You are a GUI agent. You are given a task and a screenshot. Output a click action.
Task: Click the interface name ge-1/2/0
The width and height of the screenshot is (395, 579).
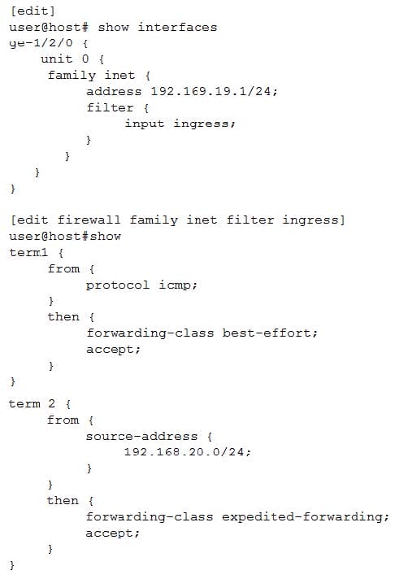(x=41, y=44)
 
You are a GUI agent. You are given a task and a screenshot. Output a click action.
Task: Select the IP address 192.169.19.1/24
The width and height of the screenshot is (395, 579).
(x=214, y=91)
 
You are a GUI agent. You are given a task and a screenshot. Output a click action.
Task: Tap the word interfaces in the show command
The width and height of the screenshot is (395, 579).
(x=177, y=28)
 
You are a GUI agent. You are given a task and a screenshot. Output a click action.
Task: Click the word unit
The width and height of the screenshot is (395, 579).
(x=56, y=59)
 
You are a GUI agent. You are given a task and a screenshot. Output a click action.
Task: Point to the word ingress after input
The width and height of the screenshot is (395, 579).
(x=204, y=124)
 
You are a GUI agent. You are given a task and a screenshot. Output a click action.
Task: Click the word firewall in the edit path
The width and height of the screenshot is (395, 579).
(x=89, y=220)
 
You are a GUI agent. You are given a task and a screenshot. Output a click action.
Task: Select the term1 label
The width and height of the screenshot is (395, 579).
(x=28, y=253)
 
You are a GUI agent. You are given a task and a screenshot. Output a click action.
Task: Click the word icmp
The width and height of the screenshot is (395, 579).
(x=178, y=285)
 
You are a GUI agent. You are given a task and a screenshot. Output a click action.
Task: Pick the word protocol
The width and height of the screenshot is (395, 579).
(x=117, y=285)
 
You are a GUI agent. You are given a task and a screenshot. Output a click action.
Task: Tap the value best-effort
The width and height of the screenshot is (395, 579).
(x=270, y=333)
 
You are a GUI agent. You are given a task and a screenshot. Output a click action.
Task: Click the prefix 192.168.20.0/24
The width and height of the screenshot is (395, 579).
(x=187, y=451)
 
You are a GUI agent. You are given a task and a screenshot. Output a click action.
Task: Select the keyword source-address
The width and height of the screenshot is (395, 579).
(x=141, y=436)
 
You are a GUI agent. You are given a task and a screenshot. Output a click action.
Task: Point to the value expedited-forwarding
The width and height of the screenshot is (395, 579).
(x=306, y=516)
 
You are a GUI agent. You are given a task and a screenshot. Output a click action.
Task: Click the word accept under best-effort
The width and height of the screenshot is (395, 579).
(x=113, y=350)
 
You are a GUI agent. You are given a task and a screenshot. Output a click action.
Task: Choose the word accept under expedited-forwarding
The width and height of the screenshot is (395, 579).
(x=112, y=533)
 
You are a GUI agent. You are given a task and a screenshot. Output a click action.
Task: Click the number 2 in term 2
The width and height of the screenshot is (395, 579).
(x=52, y=403)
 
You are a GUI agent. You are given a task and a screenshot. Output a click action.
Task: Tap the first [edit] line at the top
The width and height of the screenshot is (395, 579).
(x=33, y=11)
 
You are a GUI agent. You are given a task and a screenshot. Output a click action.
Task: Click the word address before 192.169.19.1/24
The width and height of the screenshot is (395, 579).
(x=114, y=91)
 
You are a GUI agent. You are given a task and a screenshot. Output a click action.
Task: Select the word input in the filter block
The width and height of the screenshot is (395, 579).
(x=144, y=124)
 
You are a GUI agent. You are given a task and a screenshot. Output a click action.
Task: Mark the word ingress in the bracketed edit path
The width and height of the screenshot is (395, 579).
(x=314, y=220)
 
